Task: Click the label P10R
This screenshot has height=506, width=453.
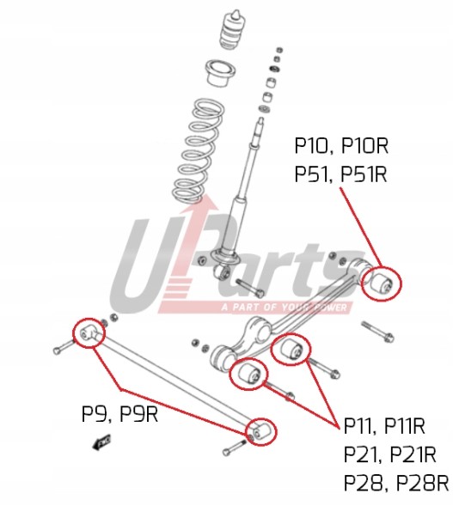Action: coord(364,146)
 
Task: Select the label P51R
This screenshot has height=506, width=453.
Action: coord(364,174)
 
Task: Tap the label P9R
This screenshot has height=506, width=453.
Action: coord(139,414)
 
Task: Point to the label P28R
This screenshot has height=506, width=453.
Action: coord(422,483)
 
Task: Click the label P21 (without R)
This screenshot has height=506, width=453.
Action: coord(364,454)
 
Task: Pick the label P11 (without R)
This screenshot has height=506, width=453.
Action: coord(360,426)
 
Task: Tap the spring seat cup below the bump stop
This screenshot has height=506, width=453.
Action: coord(220,73)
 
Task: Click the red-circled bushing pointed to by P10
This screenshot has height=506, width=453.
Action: coord(382,282)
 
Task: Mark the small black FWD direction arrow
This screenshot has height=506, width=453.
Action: coord(101,442)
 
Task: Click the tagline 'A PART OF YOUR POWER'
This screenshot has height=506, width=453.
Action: coord(285,307)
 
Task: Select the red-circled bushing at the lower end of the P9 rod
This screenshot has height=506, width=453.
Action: coord(260,431)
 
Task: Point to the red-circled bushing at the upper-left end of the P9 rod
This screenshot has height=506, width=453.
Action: coord(89,332)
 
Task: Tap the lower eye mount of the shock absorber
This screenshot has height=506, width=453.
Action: coord(223,272)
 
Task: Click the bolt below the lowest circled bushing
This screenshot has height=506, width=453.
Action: coord(236,448)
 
